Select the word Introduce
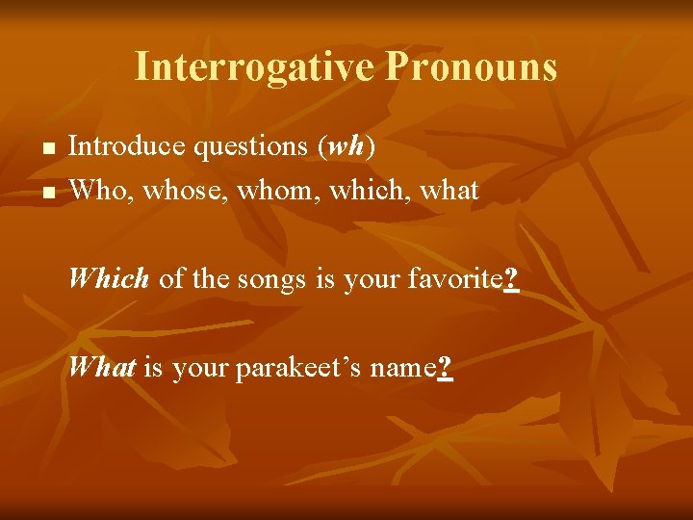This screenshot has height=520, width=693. [x=127, y=146]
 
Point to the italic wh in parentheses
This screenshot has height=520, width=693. [x=347, y=147]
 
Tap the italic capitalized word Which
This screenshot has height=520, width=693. [x=109, y=279]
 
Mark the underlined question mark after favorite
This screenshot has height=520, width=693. [x=511, y=279]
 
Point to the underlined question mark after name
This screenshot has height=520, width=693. [x=445, y=368]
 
